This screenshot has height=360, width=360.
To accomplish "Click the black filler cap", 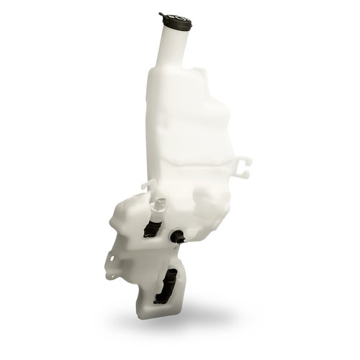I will point(176,22).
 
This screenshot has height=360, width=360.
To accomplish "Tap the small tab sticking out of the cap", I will point(161,14).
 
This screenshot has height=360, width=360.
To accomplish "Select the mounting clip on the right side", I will point(243,166).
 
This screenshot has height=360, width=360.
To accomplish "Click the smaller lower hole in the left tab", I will point(109,274).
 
